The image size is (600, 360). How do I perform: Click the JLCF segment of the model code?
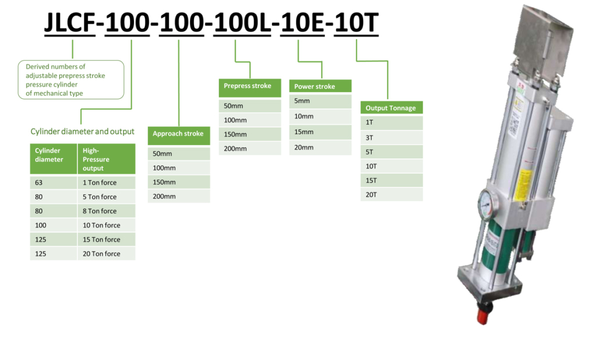coord(70,22)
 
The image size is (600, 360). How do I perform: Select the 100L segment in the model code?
coord(242,22)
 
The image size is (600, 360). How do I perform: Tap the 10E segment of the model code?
coord(302,22)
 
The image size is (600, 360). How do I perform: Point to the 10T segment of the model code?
coord(357,22)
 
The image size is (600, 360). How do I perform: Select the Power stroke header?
coord(320,86)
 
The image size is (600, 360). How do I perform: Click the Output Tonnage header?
coord(391,108)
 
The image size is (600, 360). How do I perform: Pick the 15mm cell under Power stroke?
coord(320,132)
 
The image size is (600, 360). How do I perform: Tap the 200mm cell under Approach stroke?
coord(179,196)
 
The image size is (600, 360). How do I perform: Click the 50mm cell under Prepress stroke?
coord(250,105)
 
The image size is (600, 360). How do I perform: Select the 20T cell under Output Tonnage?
coord(391,195)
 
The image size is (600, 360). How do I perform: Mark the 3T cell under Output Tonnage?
coord(391,137)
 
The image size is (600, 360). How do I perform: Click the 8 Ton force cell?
coord(107,211)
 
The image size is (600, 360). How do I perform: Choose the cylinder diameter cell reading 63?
coord(53,182)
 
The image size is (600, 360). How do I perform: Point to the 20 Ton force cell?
coord(107,253)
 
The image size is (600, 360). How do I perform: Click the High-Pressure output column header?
coord(107,159)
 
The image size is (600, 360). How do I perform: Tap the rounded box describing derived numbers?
coord(71,80)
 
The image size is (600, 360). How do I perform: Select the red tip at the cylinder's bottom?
coord(483,316)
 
